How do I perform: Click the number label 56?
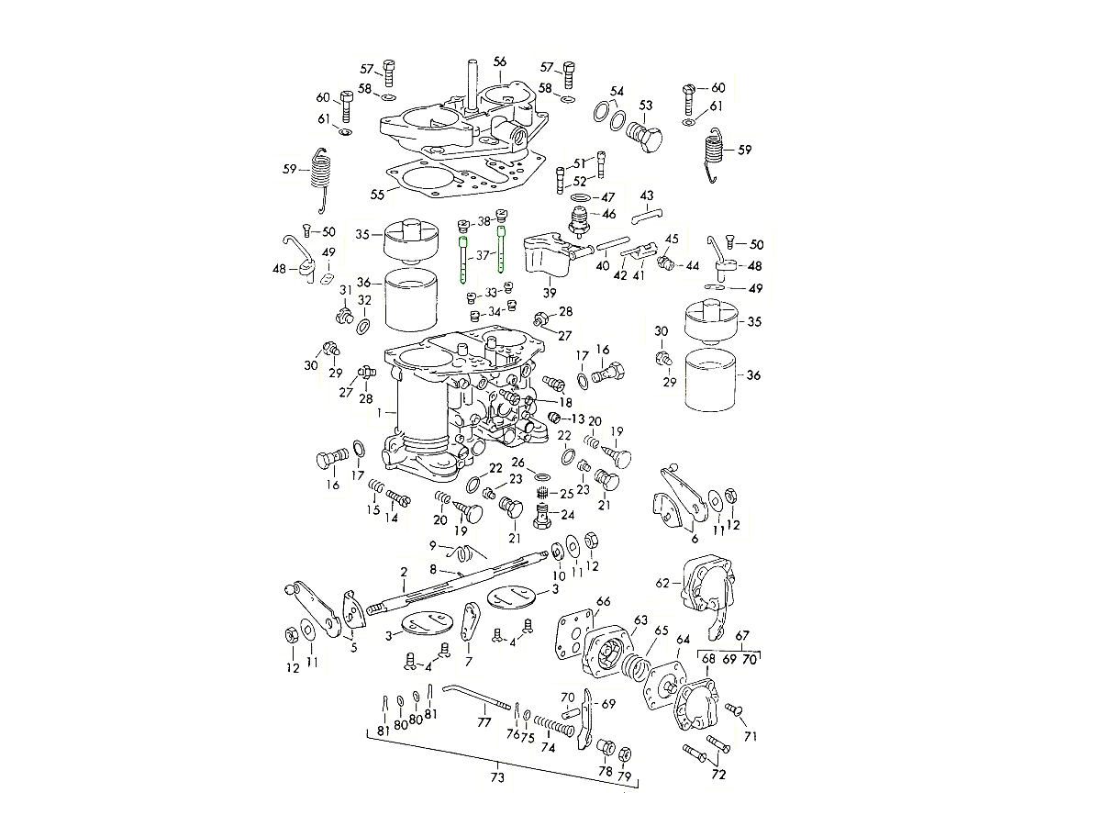pyautogui.click(x=499, y=61)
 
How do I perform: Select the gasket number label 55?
pyautogui.click(x=377, y=195)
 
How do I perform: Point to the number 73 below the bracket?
pyautogui.click(x=497, y=777)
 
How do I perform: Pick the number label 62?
pyautogui.click(x=662, y=582)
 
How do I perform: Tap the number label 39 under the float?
pyautogui.click(x=550, y=293)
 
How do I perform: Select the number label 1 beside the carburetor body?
pyautogui.click(x=378, y=413)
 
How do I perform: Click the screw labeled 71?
pyautogui.click(x=733, y=710)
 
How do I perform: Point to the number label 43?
pyautogui.click(x=647, y=195)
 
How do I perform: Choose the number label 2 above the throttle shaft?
pyautogui.click(x=403, y=573)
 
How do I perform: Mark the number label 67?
pyautogui.click(x=743, y=635)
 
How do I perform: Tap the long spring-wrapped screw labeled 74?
pyautogui.click(x=555, y=726)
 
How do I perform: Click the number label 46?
pyautogui.click(x=609, y=214)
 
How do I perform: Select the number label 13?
pyautogui.click(x=577, y=419)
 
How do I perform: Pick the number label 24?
pyautogui.click(x=568, y=515)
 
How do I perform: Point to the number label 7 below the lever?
pyautogui.click(x=468, y=662)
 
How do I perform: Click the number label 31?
pyautogui.click(x=346, y=291)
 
